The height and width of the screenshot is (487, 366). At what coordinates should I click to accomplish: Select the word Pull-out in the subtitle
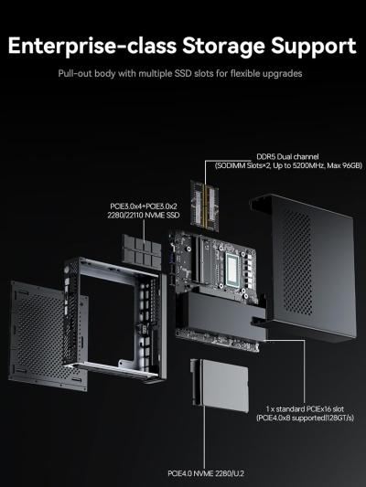click(x=72, y=73)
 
